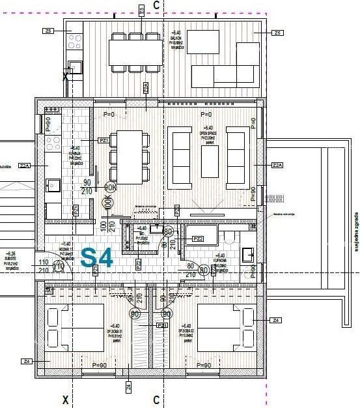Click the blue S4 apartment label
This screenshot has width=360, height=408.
pos(97,257)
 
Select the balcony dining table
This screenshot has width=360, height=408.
pos(135,52)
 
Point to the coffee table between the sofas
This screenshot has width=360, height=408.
pos(210,156)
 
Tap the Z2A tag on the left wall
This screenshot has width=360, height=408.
pos(25,166)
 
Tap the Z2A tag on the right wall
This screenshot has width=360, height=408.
pos(277,165)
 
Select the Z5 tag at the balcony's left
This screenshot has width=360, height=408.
pos(49,31)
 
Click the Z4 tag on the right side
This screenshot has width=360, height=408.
pos(276,320)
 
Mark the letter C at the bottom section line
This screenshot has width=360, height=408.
pos(156,399)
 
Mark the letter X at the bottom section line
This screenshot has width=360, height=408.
pos(64,399)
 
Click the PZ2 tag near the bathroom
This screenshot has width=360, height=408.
pos(198,239)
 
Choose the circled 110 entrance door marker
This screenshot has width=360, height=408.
pos(59,266)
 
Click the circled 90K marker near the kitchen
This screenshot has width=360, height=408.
pos(109,188)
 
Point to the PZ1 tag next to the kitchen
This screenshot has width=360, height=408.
pos(103,140)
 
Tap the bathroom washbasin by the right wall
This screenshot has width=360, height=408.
pos(248,255)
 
